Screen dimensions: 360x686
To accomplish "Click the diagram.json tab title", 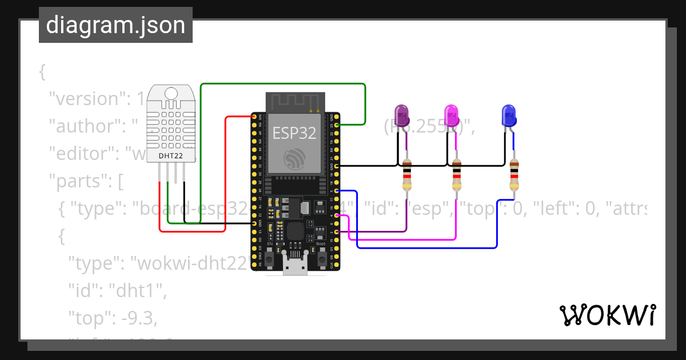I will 115,25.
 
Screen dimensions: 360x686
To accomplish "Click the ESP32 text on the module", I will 294,133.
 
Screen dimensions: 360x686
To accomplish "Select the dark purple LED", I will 402,115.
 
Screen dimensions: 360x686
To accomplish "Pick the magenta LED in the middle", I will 452,115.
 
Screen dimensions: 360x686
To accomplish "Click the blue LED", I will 508,115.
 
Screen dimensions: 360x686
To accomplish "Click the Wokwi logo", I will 607,315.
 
